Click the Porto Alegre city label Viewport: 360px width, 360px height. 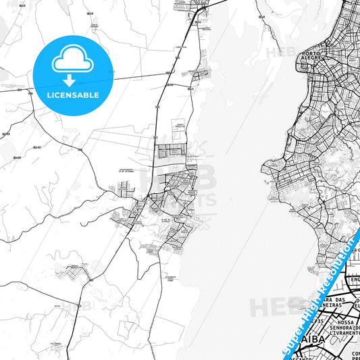(x=311, y=55)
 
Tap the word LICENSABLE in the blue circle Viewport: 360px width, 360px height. (x=73, y=95)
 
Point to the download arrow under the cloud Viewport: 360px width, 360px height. (x=73, y=80)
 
